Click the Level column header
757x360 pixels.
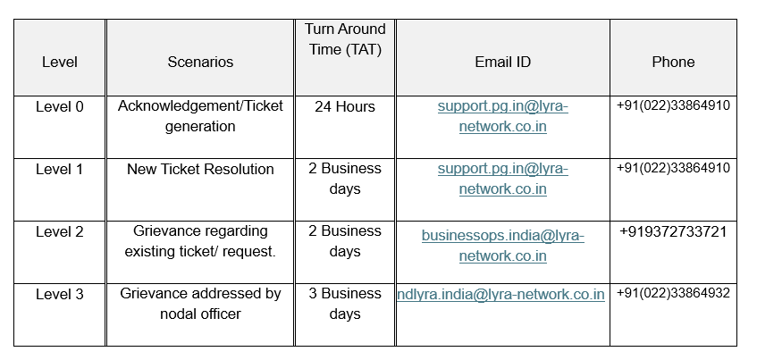(60, 62)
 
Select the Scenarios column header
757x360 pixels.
(200, 62)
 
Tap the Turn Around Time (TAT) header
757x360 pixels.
(345, 39)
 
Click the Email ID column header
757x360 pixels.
(502, 62)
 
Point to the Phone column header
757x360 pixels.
(674, 62)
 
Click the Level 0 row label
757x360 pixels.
(60, 106)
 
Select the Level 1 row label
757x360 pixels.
(60, 169)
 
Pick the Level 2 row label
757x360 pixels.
(60, 231)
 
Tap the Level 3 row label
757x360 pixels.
(60, 294)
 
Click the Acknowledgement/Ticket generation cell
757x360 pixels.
(200, 116)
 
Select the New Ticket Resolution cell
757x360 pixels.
(200, 169)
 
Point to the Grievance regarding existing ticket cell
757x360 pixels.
(200, 241)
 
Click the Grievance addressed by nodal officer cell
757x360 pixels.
(200, 304)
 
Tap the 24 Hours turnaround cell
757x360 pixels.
(345, 106)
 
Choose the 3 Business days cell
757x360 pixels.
(345, 304)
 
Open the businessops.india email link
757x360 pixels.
(502, 246)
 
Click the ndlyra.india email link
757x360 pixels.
(501, 295)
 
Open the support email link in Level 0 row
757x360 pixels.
(502, 116)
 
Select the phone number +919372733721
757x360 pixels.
(673, 231)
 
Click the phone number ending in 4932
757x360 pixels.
(673, 293)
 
